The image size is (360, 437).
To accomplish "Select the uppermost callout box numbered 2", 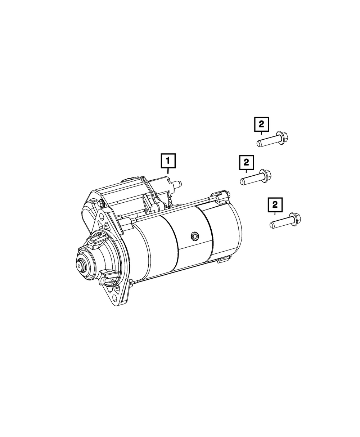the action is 261,124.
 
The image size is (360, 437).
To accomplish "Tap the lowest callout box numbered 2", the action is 275,205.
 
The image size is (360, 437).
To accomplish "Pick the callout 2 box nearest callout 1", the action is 246,162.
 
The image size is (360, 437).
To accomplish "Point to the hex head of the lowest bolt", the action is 295,218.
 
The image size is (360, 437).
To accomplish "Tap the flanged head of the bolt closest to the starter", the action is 265,176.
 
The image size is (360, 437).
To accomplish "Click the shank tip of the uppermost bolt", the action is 259,144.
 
